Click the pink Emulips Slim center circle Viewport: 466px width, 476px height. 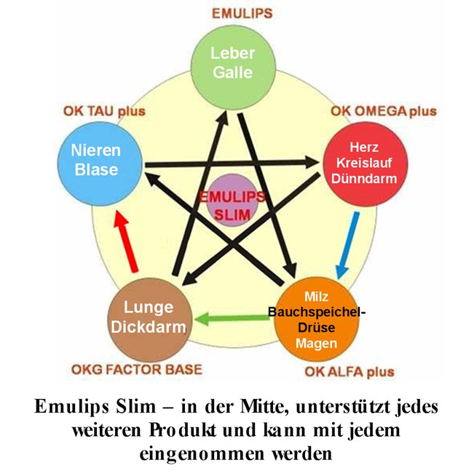click(x=233, y=206)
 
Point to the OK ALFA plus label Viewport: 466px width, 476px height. click(x=348, y=372)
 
